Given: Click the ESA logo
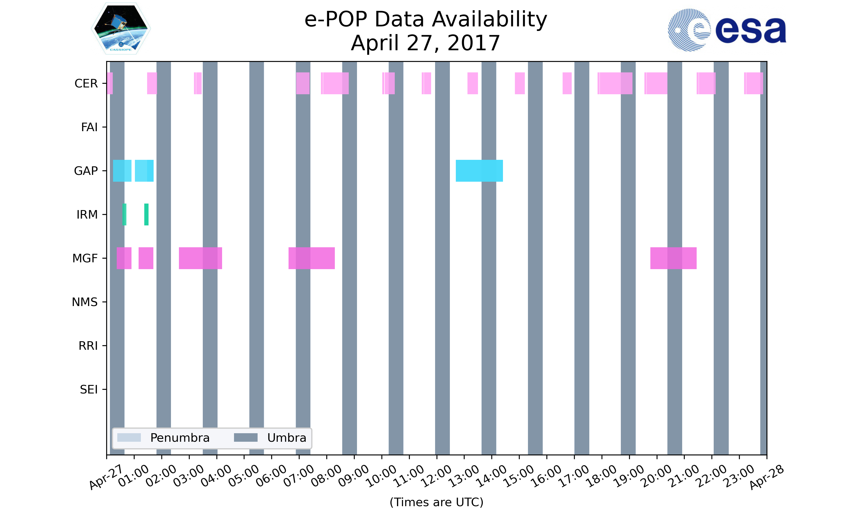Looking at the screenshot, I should pyautogui.click(x=727, y=30).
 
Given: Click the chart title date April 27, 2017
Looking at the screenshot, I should pyautogui.click(x=425, y=43).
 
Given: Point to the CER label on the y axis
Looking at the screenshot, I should pyautogui.click(x=86, y=84).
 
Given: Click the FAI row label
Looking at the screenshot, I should pyautogui.click(x=89, y=127).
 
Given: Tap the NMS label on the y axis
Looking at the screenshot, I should pyautogui.click(x=85, y=302).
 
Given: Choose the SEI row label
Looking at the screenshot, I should pyautogui.click(x=89, y=389).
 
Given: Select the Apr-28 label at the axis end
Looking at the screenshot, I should pyautogui.click(x=767, y=477).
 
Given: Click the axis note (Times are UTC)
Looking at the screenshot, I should pyautogui.click(x=436, y=502).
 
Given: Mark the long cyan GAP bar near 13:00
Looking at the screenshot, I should pyautogui.click(x=479, y=171).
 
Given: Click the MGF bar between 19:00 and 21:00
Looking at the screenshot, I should pyautogui.click(x=673, y=258).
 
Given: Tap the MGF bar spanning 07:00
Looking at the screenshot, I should pyautogui.click(x=311, y=258).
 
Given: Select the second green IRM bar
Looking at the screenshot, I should pyautogui.click(x=146, y=215).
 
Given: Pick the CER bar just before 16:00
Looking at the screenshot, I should pyautogui.click(x=567, y=83).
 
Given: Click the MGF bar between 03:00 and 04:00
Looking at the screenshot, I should pyautogui.click(x=201, y=258).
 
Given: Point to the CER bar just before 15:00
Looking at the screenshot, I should pyautogui.click(x=520, y=83).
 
